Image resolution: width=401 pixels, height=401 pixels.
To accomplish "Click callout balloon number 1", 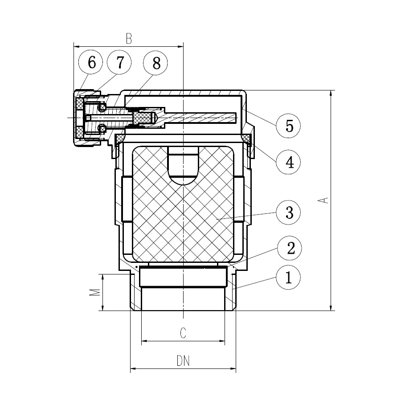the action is pyautogui.click(x=288, y=278).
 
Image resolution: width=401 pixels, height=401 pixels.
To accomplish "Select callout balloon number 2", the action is pyautogui.click(x=290, y=248).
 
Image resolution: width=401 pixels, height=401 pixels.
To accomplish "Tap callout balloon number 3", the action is pyautogui.click(x=288, y=212).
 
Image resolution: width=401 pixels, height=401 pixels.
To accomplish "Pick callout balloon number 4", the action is pyautogui.click(x=288, y=162).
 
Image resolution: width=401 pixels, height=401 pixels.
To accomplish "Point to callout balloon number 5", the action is pyautogui.click(x=288, y=126).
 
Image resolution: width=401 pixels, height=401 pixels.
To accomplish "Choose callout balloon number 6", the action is pyautogui.click(x=90, y=62).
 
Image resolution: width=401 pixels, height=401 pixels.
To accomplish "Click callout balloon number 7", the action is pyautogui.click(x=119, y=62).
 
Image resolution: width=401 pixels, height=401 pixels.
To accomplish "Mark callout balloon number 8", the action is pyautogui.click(x=155, y=63).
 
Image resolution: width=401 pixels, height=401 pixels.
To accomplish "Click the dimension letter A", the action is pyautogui.click(x=323, y=200).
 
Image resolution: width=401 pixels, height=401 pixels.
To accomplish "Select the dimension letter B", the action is pyautogui.click(x=129, y=39).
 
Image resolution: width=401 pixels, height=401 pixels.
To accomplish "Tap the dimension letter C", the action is pyautogui.click(x=183, y=333).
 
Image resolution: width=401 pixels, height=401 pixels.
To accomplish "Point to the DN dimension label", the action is pyautogui.click(x=183, y=361).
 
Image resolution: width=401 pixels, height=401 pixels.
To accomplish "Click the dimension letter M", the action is pyautogui.click(x=94, y=293).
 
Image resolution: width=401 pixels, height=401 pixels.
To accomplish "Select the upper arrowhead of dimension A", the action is pyautogui.click(x=331, y=93).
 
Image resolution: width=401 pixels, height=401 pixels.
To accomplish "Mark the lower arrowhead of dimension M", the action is pyautogui.click(x=102, y=307).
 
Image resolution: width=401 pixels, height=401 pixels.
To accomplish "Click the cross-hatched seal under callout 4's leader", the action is pyautogui.click(x=247, y=138).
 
